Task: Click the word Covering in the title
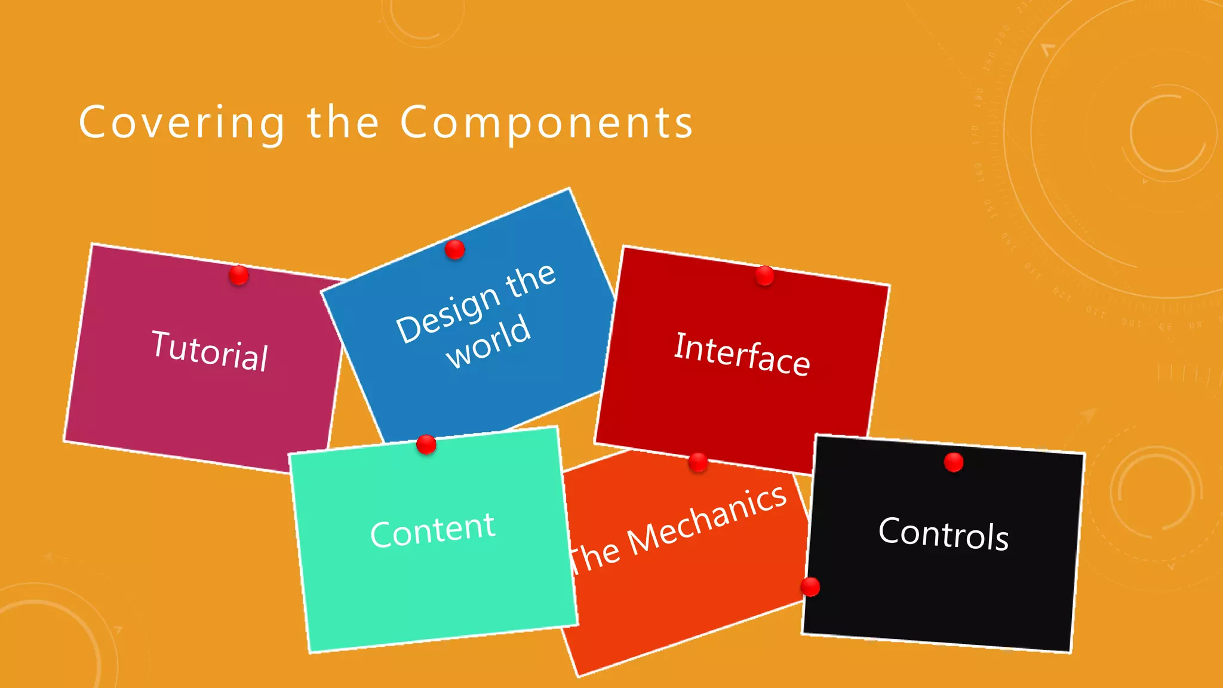point(182,123)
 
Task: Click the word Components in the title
point(546,123)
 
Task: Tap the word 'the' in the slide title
point(343,122)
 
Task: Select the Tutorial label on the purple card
point(210,351)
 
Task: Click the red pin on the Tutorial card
point(239,275)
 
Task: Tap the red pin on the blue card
point(455,249)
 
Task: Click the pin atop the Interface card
point(765,276)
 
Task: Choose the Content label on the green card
point(432,530)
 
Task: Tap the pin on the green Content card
point(426,444)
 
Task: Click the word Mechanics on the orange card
point(707,518)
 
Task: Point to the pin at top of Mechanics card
point(698,462)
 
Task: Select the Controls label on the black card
point(944,533)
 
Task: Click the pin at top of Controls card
point(954,462)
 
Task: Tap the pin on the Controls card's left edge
point(810,586)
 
